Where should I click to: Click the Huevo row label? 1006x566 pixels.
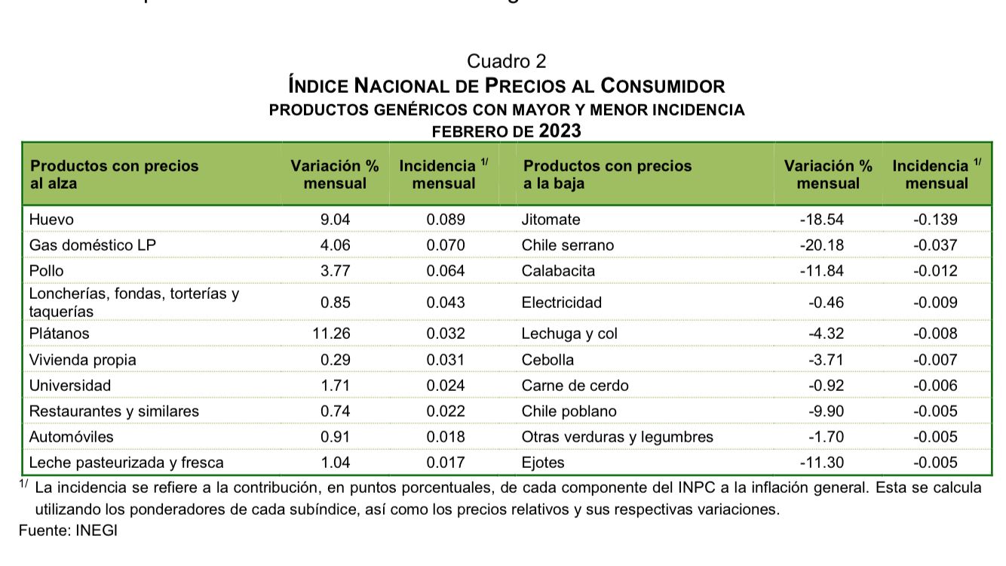click(x=51, y=220)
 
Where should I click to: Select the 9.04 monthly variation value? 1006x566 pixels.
click(x=336, y=220)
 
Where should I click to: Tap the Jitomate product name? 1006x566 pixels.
click(x=551, y=220)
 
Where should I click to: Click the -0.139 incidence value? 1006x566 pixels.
click(x=935, y=220)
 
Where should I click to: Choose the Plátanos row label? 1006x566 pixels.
click(x=59, y=334)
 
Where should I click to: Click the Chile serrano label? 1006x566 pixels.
click(x=567, y=245)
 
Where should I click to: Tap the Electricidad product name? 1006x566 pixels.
click(x=561, y=303)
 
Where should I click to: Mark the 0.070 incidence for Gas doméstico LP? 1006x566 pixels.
click(x=446, y=245)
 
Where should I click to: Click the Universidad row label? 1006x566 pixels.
click(x=69, y=386)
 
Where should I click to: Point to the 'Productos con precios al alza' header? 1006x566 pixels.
click(x=114, y=174)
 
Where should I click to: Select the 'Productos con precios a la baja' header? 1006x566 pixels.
click(x=607, y=174)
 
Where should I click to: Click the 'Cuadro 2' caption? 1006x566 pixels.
click(x=506, y=61)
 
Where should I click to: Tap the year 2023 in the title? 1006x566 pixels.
click(x=560, y=131)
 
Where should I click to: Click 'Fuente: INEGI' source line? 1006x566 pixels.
click(x=68, y=531)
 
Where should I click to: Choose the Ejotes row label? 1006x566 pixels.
click(x=543, y=463)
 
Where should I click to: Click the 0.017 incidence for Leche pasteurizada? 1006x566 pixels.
click(x=446, y=463)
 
